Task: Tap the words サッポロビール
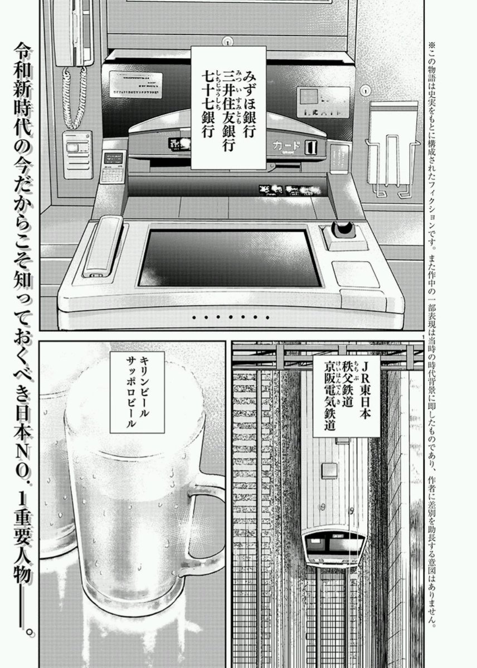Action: tap(130, 392)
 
